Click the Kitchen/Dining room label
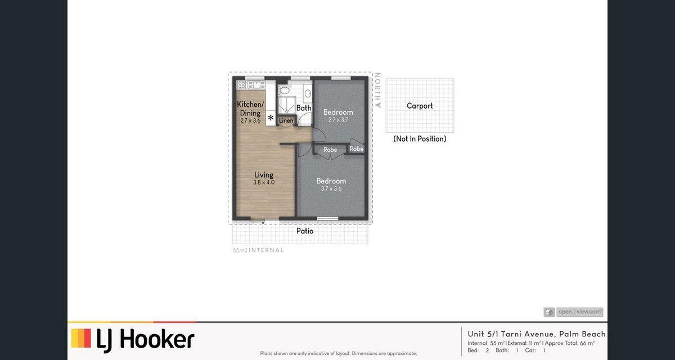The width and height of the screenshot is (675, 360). [250, 109]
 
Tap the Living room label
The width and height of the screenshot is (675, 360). [263, 175]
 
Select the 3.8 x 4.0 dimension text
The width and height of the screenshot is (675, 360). [263, 183]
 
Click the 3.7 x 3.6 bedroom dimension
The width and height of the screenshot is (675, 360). [331, 189]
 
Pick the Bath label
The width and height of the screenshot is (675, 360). [304, 108]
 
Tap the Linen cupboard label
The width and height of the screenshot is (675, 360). [286, 121]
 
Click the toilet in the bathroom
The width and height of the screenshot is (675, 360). [284, 89]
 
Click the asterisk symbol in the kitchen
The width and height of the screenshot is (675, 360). [271, 118]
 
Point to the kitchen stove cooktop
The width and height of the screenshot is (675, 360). [242, 85]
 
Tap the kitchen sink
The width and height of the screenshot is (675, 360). [256, 85]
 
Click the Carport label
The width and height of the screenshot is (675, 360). [420, 106]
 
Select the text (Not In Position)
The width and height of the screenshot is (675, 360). [420, 139]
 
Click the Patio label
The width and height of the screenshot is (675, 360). [304, 231]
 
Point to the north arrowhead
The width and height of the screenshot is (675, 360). [379, 105]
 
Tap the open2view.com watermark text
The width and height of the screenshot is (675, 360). [579, 312]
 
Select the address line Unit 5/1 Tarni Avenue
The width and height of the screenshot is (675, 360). [537, 334]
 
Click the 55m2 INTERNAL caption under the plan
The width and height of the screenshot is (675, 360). [258, 250]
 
